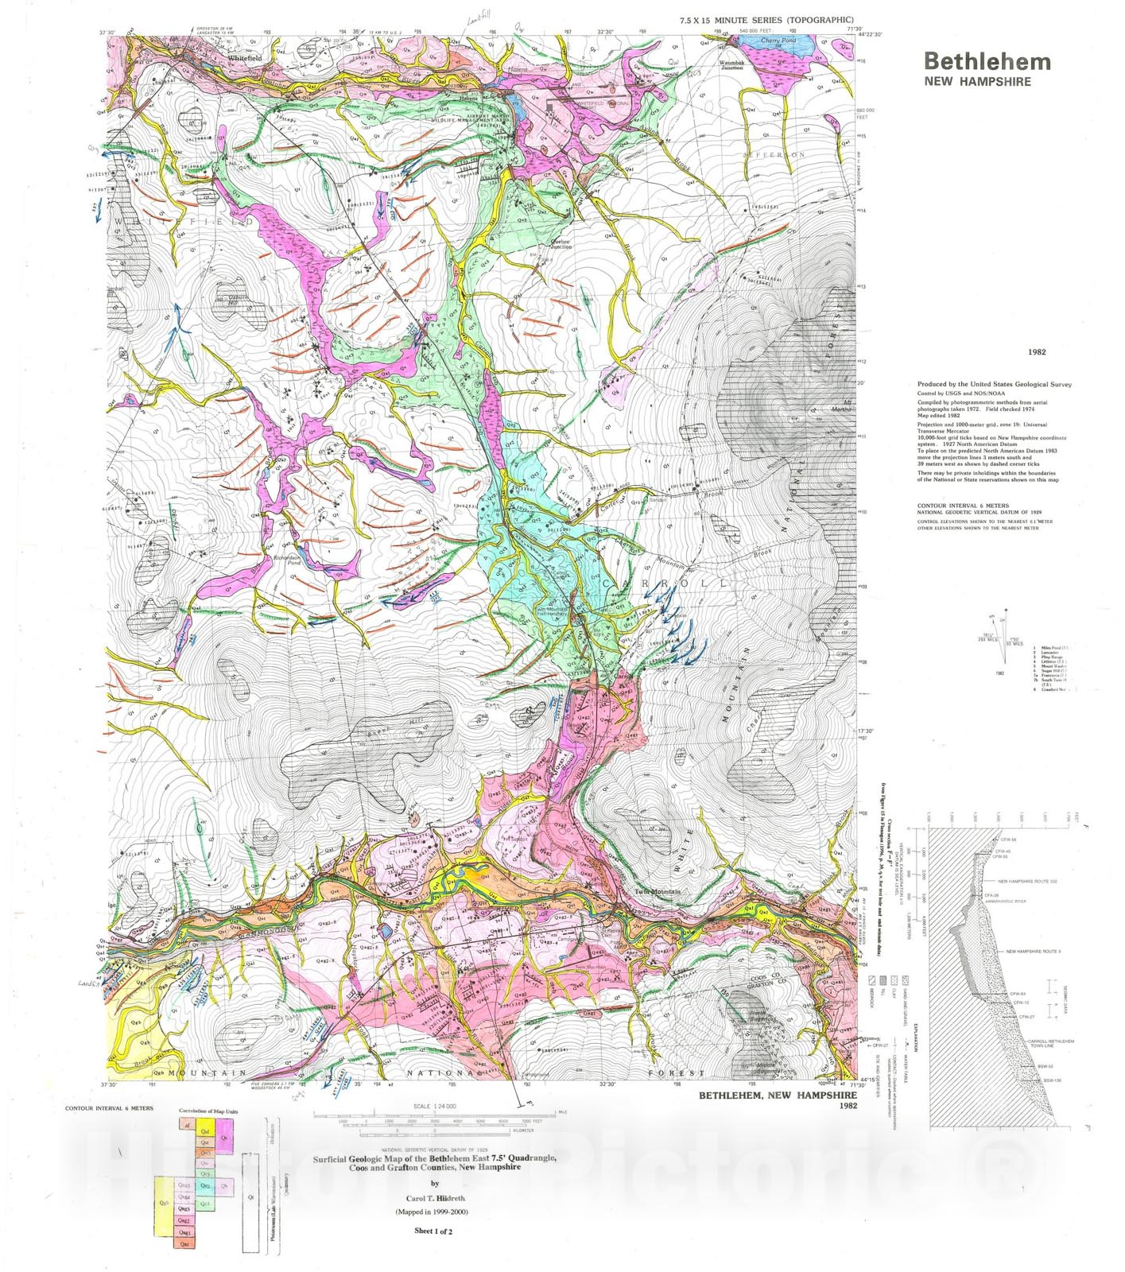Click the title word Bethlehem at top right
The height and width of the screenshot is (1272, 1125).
tap(987, 62)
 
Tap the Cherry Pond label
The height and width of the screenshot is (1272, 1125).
tap(778, 41)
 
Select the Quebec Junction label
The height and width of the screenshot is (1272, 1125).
tap(561, 244)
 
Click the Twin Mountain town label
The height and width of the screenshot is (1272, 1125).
tap(657, 892)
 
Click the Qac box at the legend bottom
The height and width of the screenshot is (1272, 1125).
tap(184, 1243)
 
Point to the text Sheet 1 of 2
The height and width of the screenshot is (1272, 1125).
tap(433, 1231)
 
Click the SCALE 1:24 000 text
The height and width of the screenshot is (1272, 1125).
tap(433, 1107)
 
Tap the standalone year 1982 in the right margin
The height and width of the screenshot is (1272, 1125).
tap(1036, 352)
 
